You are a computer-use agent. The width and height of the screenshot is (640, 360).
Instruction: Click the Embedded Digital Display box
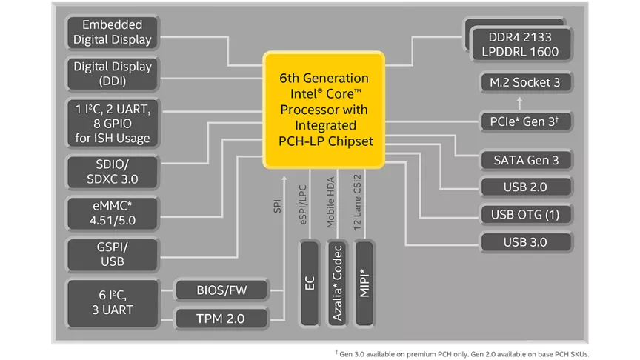pos(113,33)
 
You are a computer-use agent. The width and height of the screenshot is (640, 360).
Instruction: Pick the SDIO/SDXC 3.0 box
pos(113,171)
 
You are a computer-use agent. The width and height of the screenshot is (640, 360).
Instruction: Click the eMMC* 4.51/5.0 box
pos(113,213)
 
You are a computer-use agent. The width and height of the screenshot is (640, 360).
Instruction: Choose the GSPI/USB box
pos(113,254)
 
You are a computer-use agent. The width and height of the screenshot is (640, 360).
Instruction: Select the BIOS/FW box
pos(221,290)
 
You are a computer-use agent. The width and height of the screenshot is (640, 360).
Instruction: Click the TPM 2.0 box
pos(221,319)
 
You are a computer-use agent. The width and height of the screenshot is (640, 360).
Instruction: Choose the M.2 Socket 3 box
pos(525,82)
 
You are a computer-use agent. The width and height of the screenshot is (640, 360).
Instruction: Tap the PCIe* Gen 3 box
pos(525,121)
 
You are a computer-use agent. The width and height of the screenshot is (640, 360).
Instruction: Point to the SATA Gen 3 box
pos(525,159)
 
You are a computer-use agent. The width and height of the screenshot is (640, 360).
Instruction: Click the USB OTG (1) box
pos(525,215)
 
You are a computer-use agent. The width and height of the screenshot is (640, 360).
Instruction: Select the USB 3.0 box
pos(525,242)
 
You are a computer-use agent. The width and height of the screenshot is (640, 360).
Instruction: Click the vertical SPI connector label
pos(278,206)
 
